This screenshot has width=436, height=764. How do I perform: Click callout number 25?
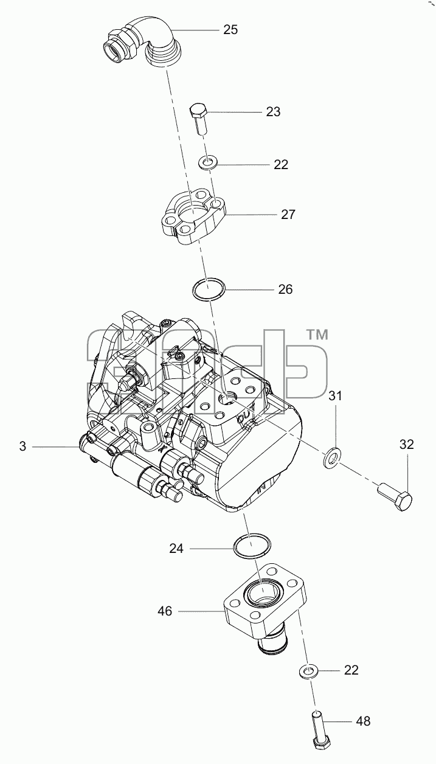pyautogui.click(x=230, y=30)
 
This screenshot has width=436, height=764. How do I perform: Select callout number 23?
pyautogui.click(x=273, y=111)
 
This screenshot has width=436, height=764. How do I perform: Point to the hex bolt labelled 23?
pyautogui.click(x=199, y=119)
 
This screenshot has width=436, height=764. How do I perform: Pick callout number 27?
pyautogui.click(x=288, y=215)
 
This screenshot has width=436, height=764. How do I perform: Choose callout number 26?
pyautogui.click(x=285, y=289)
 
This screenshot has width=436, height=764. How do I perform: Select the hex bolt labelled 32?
pyautogui.click(x=395, y=498)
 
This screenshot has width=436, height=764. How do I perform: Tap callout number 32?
pyautogui.click(x=407, y=444)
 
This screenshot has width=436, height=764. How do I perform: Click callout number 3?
pyautogui.click(x=22, y=446)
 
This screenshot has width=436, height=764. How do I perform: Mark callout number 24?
pyautogui.click(x=176, y=549)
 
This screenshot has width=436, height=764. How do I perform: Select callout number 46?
pyautogui.click(x=165, y=611)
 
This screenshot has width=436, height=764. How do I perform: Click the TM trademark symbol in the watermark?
pyautogui.click(x=317, y=335)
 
